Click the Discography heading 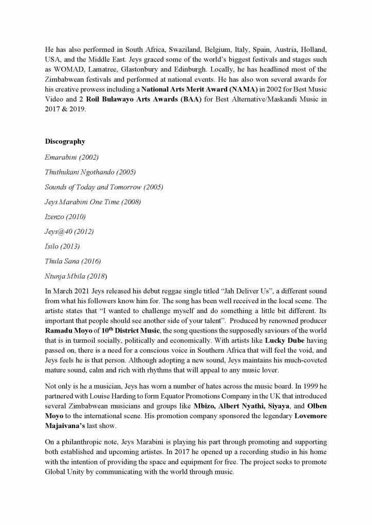(x=65, y=142)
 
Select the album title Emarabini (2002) (x=71, y=157)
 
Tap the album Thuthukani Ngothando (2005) (x=90, y=172)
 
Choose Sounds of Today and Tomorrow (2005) (x=104, y=187)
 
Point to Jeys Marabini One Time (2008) (x=92, y=202)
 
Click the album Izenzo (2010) (x=65, y=217)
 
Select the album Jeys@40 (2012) (x=69, y=231)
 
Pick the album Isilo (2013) (x=62, y=246)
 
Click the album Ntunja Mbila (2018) (x=76, y=276)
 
